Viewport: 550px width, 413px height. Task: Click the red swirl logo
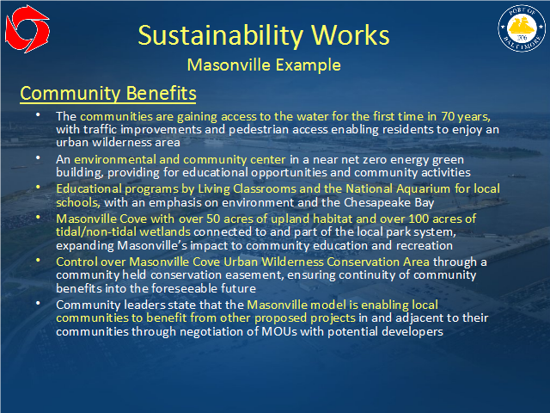tap(27, 28)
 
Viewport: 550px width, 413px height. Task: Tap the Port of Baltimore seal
tap(522, 28)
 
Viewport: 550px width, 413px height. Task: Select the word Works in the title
tap(350, 35)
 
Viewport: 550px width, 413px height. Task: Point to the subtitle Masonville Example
tap(264, 65)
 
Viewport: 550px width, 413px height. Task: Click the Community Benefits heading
tap(108, 94)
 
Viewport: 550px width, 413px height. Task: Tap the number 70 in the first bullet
tap(448, 116)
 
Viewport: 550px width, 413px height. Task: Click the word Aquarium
tap(423, 189)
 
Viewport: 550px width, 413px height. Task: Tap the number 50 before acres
tap(213, 219)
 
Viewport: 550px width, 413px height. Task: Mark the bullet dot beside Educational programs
tap(38, 188)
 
